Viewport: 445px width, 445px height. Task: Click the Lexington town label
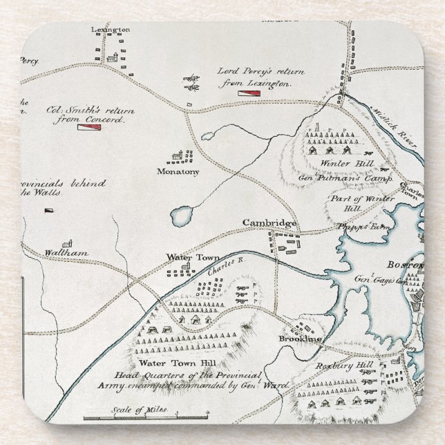coord(111,30)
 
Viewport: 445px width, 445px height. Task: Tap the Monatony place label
coord(178,171)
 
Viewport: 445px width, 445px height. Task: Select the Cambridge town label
coord(269,223)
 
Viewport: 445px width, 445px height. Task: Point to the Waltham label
coord(66,253)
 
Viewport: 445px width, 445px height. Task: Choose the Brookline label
coord(301,339)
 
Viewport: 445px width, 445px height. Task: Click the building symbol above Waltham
coord(67,243)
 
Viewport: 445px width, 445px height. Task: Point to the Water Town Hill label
coord(167,363)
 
